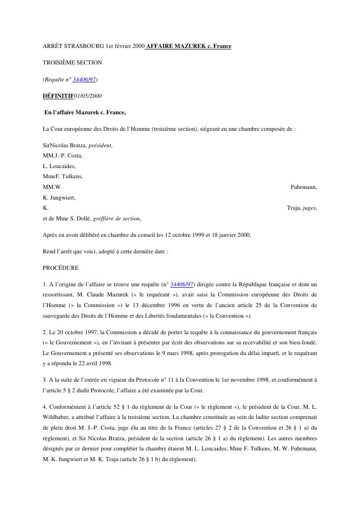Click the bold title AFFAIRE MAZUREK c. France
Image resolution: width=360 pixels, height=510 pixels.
click(189, 46)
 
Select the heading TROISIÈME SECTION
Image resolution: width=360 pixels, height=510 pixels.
click(73, 62)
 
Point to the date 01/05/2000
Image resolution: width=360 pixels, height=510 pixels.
click(88, 96)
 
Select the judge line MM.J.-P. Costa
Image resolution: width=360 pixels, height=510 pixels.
click(63, 155)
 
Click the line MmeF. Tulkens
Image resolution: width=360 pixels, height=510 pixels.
click(63, 176)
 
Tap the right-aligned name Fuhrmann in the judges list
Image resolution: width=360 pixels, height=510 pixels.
click(303, 187)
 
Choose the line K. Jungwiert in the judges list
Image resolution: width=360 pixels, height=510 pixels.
click(59, 198)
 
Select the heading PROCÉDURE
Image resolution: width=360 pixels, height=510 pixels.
click(60, 268)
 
